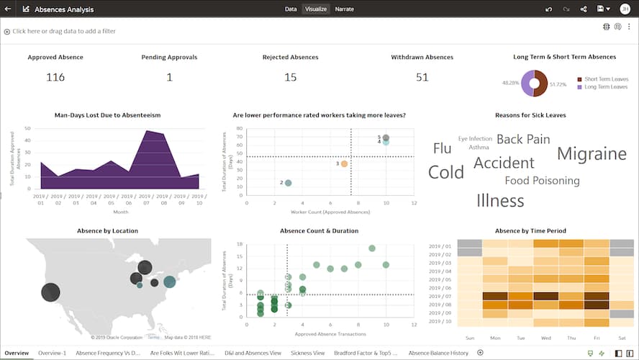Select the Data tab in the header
pos(291,9)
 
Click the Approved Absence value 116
pos(55,77)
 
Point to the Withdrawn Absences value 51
pos(422,77)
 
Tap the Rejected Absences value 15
pos(290,77)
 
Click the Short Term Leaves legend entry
pos(606,79)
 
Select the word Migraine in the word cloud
pos(592,153)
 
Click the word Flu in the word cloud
pos(442,149)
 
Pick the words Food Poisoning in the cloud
pos(542,181)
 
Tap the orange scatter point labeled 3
pos(344,164)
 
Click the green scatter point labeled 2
pos(288,183)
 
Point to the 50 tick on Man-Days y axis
pos(27,129)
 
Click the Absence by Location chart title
pos(107,231)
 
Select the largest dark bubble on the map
pos(50,292)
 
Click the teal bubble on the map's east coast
pos(170,282)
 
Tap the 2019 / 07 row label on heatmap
pos(439,296)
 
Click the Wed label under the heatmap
pos(546,336)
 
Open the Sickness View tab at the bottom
pos(307,353)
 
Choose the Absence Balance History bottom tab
pos(438,353)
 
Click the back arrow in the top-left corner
pos(8,9)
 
